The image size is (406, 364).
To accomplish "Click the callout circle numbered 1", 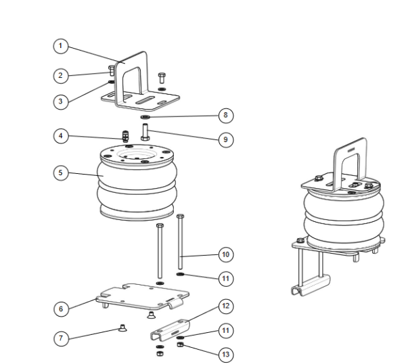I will [61, 46].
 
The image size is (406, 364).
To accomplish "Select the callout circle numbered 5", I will [61, 173].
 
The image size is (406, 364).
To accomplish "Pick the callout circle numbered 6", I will [61, 307].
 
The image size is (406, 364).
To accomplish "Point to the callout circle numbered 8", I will [225, 115].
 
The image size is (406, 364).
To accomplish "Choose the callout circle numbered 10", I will [225, 254].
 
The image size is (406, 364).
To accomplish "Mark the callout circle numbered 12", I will [225, 306].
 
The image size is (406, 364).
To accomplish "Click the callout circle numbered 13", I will [225, 352].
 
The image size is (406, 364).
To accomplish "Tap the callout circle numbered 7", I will [61, 336].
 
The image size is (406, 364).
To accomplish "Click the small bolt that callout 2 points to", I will [111, 69].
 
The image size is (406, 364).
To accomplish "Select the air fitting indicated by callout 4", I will [125, 135].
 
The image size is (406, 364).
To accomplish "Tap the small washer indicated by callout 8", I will [145, 116].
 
